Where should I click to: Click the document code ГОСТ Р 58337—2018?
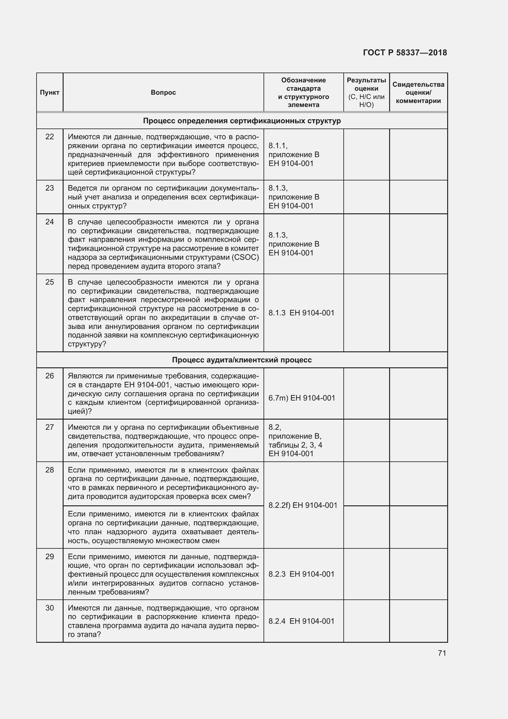click(405, 53)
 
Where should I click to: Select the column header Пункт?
click(49, 93)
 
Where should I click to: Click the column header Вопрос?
click(163, 93)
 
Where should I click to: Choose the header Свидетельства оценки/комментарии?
click(418, 93)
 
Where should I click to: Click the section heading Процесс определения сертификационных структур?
click(242, 121)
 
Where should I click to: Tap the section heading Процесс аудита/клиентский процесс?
click(242, 360)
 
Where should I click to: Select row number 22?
click(49, 137)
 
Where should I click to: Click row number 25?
click(49, 282)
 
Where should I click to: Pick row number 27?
click(49, 427)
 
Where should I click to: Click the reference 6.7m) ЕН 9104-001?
click(302, 398)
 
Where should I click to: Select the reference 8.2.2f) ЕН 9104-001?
click(303, 505)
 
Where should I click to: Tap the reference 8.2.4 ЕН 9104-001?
click(301, 621)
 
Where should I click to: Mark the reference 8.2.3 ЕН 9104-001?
click(301, 574)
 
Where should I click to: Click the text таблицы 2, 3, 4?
click(295, 445)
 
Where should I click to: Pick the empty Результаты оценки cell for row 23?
click(366, 197)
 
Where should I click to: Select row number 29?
click(49, 556)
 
